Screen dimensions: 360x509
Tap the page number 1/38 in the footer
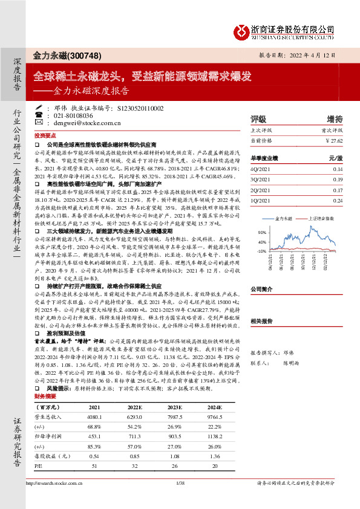(180, 499)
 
